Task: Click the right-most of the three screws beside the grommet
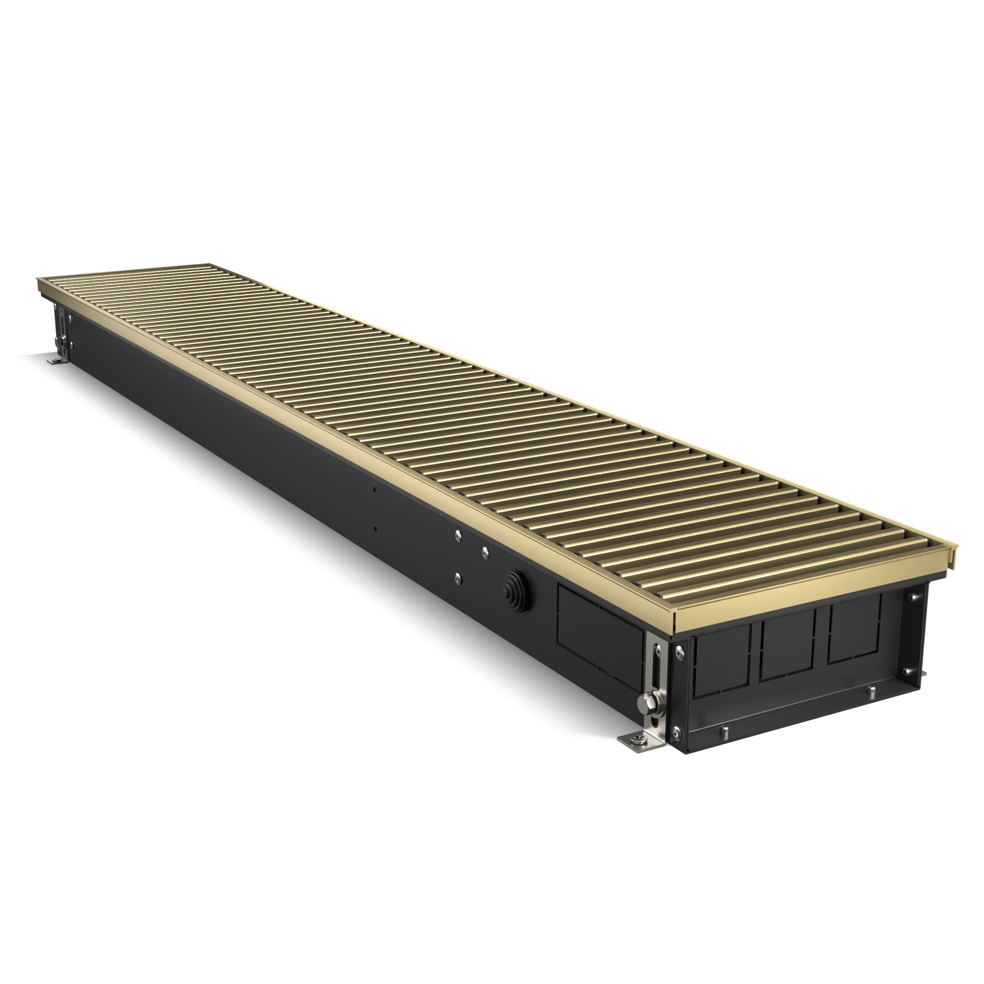point(484,550)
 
